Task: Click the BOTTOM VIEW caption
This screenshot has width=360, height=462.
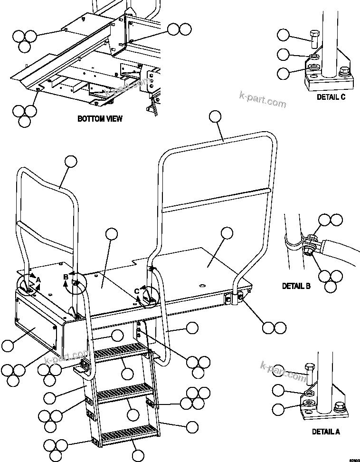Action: pos(100,119)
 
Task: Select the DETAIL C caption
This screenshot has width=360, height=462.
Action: pos(331,97)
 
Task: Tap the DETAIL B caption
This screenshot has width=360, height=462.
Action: pos(296,286)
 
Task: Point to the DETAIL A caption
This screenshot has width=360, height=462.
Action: pos(326,432)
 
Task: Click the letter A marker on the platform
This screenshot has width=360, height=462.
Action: pos(38,280)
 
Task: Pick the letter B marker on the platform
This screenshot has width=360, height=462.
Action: pos(66,277)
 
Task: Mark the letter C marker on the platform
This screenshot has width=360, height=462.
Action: pos(137,291)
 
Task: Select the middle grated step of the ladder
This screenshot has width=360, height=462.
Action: pos(125,393)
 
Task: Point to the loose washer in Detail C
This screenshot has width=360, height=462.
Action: pos(313,58)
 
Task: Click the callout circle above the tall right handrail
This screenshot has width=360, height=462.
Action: pos(216,116)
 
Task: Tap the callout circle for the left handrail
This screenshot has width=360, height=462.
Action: pos(71,161)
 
